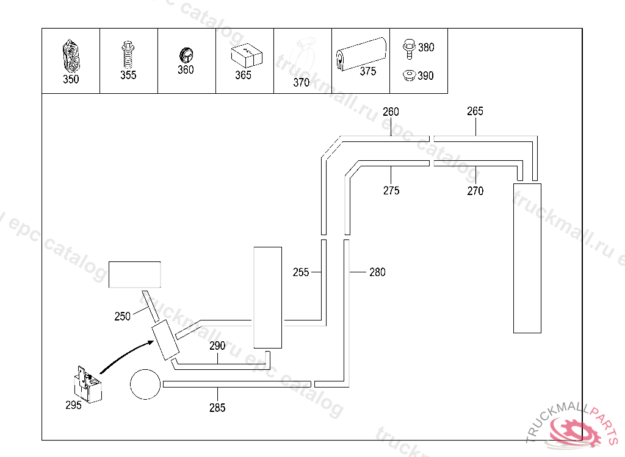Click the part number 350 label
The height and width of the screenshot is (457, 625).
[x=71, y=79]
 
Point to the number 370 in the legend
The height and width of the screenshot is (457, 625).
[x=302, y=83]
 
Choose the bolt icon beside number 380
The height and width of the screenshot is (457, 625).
[x=408, y=48]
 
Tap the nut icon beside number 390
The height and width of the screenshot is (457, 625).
[x=408, y=76]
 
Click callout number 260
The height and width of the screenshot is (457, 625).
[x=391, y=112]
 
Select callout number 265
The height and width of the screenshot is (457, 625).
[x=475, y=111]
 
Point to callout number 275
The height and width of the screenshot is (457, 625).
[x=391, y=191]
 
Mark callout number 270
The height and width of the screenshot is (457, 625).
[x=475, y=191]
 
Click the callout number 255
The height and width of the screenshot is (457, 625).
[x=301, y=272]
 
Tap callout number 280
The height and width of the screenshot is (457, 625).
[x=378, y=272]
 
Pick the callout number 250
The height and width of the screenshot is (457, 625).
[x=123, y=316]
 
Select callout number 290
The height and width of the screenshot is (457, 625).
[x=217, y=345]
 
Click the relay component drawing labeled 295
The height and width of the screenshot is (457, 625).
[x=87, y=384]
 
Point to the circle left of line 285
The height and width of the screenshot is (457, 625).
[x=146, y=384]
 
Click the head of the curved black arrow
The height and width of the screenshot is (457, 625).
[x=148, y=342]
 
